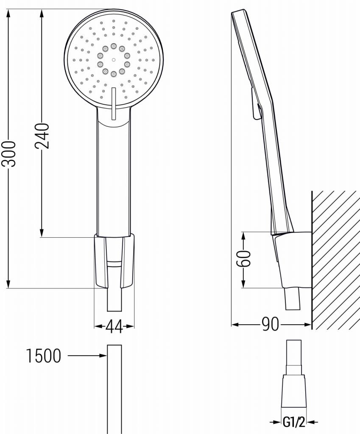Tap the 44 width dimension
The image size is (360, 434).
114,326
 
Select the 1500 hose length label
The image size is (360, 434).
44,356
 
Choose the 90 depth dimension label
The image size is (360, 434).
270,325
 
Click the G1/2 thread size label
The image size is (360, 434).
294,422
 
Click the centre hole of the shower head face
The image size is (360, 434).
114,59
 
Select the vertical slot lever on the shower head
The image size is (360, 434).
113,103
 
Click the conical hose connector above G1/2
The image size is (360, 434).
294,390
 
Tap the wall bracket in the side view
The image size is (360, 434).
293,259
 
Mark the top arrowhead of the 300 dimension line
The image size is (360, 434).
8,13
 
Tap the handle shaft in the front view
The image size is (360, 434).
113,178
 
